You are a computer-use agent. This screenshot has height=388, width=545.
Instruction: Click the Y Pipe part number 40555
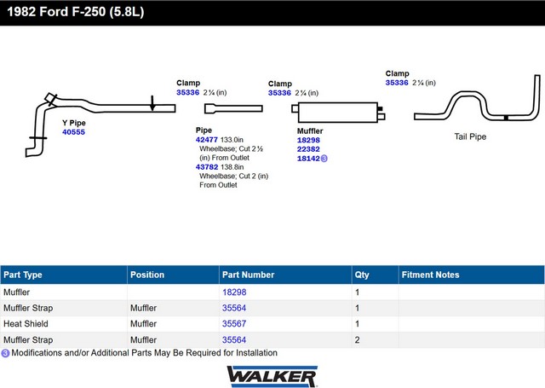pos(73,132)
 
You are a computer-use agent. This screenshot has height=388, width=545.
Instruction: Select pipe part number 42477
pos(207,139)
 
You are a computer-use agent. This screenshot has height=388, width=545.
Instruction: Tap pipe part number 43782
pos(207,167)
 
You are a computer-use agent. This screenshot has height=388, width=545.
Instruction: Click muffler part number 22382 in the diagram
pos(308,148)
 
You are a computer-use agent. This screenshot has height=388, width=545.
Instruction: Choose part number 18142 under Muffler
pos(308,158)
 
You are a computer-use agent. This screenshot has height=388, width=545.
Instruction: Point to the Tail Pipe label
pos(470,136)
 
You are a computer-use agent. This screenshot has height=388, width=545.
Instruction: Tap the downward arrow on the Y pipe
pos(152,103)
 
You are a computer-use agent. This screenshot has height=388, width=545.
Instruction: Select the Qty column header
pos(361,275)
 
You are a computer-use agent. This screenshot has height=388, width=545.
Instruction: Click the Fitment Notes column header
pos(430,275)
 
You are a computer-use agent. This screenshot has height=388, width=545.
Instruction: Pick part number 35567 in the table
pos(234,324)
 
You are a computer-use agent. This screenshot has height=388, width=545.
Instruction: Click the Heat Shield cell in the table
pos(26,324)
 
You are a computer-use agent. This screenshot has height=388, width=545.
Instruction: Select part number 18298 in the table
pos(234,292)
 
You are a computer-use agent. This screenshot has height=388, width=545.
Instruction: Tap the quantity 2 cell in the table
pos(357,339)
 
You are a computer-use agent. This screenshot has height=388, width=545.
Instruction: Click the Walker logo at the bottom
pos(272,375)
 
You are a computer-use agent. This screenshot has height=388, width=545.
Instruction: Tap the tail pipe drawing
pos(477,107)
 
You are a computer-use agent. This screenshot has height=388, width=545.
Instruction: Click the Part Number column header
pos(248,275)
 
